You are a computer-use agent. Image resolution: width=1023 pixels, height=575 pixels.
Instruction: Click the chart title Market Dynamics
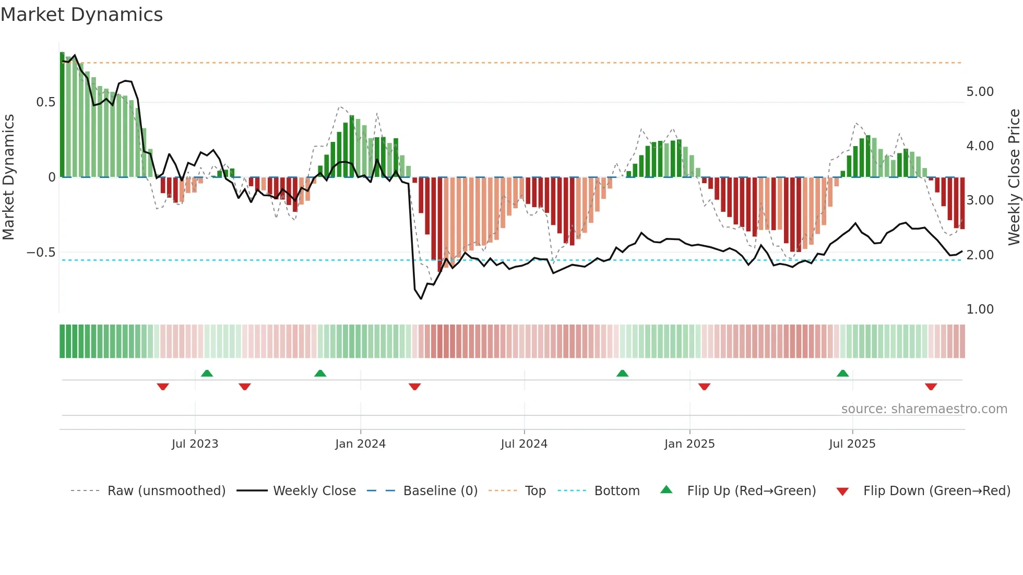82,15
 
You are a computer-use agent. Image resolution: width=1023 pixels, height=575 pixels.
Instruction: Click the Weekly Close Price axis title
1014,177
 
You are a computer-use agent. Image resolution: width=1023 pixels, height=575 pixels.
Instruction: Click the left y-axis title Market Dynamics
9,177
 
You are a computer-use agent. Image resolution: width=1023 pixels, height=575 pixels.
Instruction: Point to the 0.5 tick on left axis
45,102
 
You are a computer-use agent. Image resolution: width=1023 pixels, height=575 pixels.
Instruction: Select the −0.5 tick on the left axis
41,253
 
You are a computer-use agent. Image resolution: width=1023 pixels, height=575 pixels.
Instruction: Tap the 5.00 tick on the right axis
980,92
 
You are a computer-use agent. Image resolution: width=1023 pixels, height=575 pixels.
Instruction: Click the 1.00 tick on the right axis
980,309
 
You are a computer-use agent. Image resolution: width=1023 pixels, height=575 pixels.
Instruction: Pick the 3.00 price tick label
980,200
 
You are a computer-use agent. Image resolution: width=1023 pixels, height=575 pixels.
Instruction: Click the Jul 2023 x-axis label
195,444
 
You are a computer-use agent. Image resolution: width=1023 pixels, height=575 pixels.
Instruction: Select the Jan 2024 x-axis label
360,444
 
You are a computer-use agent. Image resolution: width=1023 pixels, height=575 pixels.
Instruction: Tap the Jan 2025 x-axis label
689,444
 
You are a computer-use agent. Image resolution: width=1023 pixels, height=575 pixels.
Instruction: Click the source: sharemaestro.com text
924,409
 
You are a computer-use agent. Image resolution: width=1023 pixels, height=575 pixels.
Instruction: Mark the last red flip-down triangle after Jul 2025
931,387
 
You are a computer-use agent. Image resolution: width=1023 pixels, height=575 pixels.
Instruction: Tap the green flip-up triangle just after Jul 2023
207,373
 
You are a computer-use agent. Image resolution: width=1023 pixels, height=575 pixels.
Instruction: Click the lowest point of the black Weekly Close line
421,298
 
